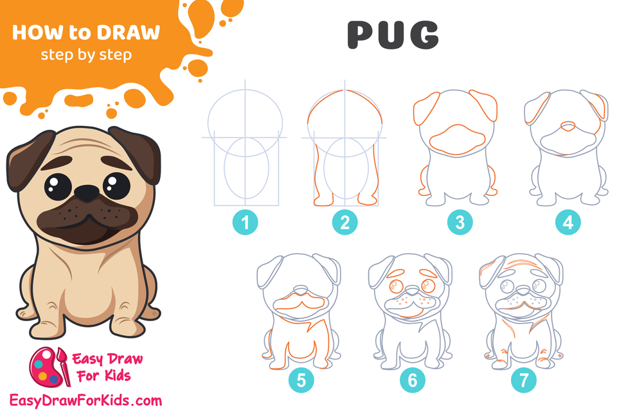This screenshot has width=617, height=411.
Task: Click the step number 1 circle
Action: [x=245, y=223]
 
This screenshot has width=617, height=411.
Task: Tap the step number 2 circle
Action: [x=345, y=223]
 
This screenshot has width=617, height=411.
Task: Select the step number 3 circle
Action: [x=460, y=223]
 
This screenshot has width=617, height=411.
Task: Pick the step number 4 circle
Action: [x=568, y=223]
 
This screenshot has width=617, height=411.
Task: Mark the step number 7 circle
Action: [x=523, y=381]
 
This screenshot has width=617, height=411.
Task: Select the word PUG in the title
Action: [x=393, y=35]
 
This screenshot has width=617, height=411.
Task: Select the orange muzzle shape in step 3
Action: [x=459, y=138]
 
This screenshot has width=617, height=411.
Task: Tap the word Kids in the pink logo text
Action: [x=119, y=374]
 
